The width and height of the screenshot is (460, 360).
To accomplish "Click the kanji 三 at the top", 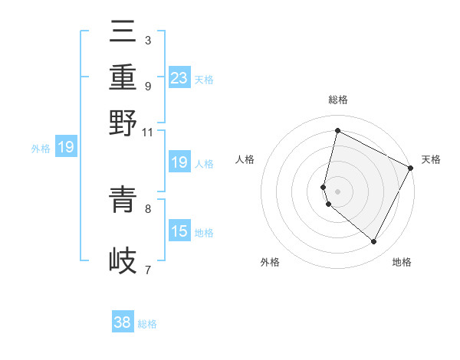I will (123, 32).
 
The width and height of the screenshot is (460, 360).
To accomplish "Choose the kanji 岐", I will (123, 260).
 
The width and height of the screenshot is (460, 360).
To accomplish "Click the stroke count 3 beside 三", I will (147, 40).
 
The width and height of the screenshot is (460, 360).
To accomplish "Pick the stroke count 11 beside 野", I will (148, 132).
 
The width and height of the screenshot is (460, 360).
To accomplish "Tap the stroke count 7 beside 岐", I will (147, 269).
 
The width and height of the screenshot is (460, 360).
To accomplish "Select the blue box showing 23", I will (179, 77).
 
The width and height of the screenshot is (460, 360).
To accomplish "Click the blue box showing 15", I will (179, 231).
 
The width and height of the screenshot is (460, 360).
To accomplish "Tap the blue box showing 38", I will (123, 322).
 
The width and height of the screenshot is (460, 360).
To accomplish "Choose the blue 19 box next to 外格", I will (66, 148).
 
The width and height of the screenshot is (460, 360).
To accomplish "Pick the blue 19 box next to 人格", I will (179, 162).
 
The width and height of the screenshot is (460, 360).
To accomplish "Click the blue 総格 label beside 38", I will (147, 324).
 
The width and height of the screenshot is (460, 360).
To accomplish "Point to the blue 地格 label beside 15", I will (204, 233).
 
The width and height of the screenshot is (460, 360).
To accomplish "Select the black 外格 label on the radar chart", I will (270, 262).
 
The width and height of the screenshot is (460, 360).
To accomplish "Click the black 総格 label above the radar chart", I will (337, 100).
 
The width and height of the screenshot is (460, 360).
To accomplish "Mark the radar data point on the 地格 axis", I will (373, 242).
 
